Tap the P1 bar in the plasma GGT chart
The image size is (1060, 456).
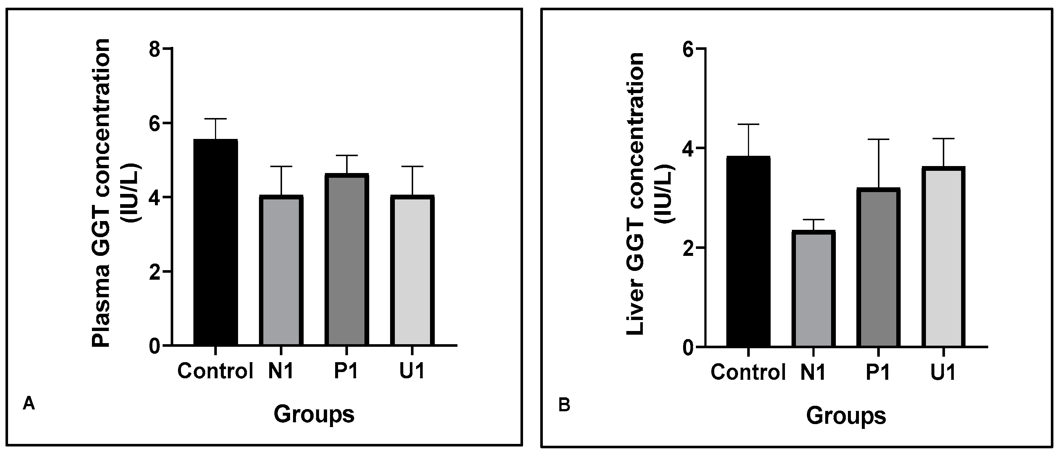tap(346, 260)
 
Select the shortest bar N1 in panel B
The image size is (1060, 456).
tap(813, 289)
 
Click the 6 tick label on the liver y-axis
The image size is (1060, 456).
tap(688, 49)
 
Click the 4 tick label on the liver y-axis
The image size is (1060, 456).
tap(688, 148)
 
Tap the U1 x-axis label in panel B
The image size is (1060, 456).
tap(943, 372)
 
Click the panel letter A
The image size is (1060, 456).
tap(29, 403)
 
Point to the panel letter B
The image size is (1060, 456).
tap(564, 405)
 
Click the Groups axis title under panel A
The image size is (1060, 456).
tap(314, 414)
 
